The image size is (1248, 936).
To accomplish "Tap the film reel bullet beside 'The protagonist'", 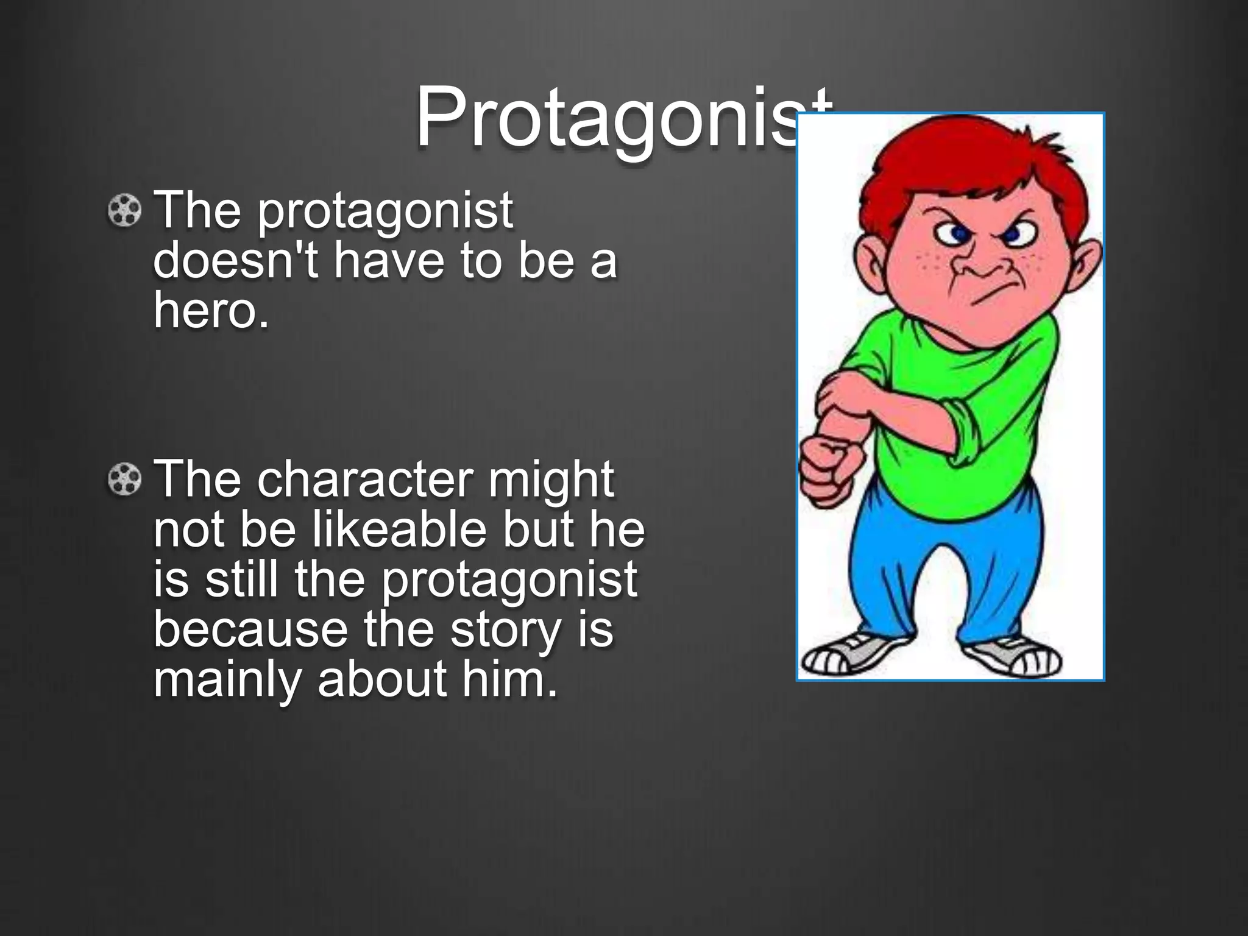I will (124, 211).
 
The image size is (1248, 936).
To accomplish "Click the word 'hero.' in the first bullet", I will (211, 310).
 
